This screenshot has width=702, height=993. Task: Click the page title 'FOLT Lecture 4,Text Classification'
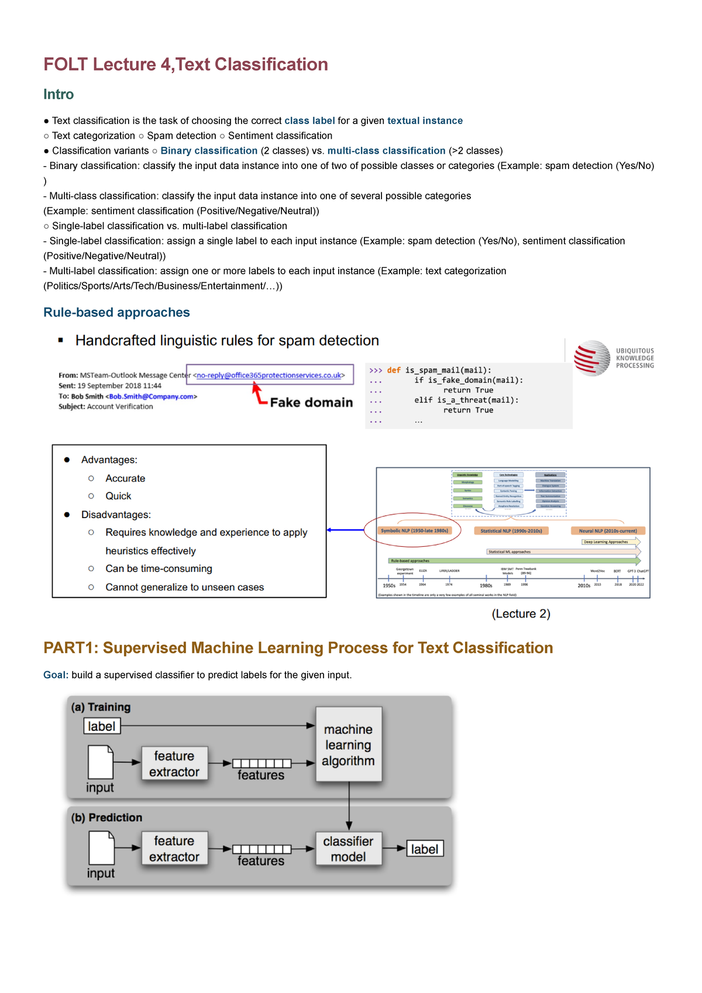(x=185, y=64)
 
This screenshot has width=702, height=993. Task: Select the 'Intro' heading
(x=58, y=95)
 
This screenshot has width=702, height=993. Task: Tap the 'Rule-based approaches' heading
(x=116, y=312)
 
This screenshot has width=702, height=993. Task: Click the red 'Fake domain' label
(x=311, y=402)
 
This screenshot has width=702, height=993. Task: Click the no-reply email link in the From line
(x=269, y=375)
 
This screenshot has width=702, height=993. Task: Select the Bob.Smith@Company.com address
(x=152, y=396)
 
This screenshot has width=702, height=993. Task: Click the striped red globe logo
(x=591, y=358)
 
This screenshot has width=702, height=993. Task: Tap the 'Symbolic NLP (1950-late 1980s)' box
(x=414, y=531)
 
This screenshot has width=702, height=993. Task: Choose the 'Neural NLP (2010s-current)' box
(x=608, y=531)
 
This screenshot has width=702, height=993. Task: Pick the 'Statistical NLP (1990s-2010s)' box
(x=511, y=531)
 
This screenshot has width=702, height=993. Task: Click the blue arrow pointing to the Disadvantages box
(x=345, y=530)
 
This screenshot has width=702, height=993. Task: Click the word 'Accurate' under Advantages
(x=125, y=478)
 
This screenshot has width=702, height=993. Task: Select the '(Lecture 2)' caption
(x=521, y=613)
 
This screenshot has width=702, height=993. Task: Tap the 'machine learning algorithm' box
(x=349, y=744)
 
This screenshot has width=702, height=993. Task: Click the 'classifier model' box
(x=349, y=849)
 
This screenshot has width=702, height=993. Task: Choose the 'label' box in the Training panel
(x=102, y=726)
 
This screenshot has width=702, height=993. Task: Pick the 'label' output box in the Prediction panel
(x=425, y=849)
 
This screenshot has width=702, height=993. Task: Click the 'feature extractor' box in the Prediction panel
(x=174, y=849)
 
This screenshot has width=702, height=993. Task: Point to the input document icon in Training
(x=100, y=762)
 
